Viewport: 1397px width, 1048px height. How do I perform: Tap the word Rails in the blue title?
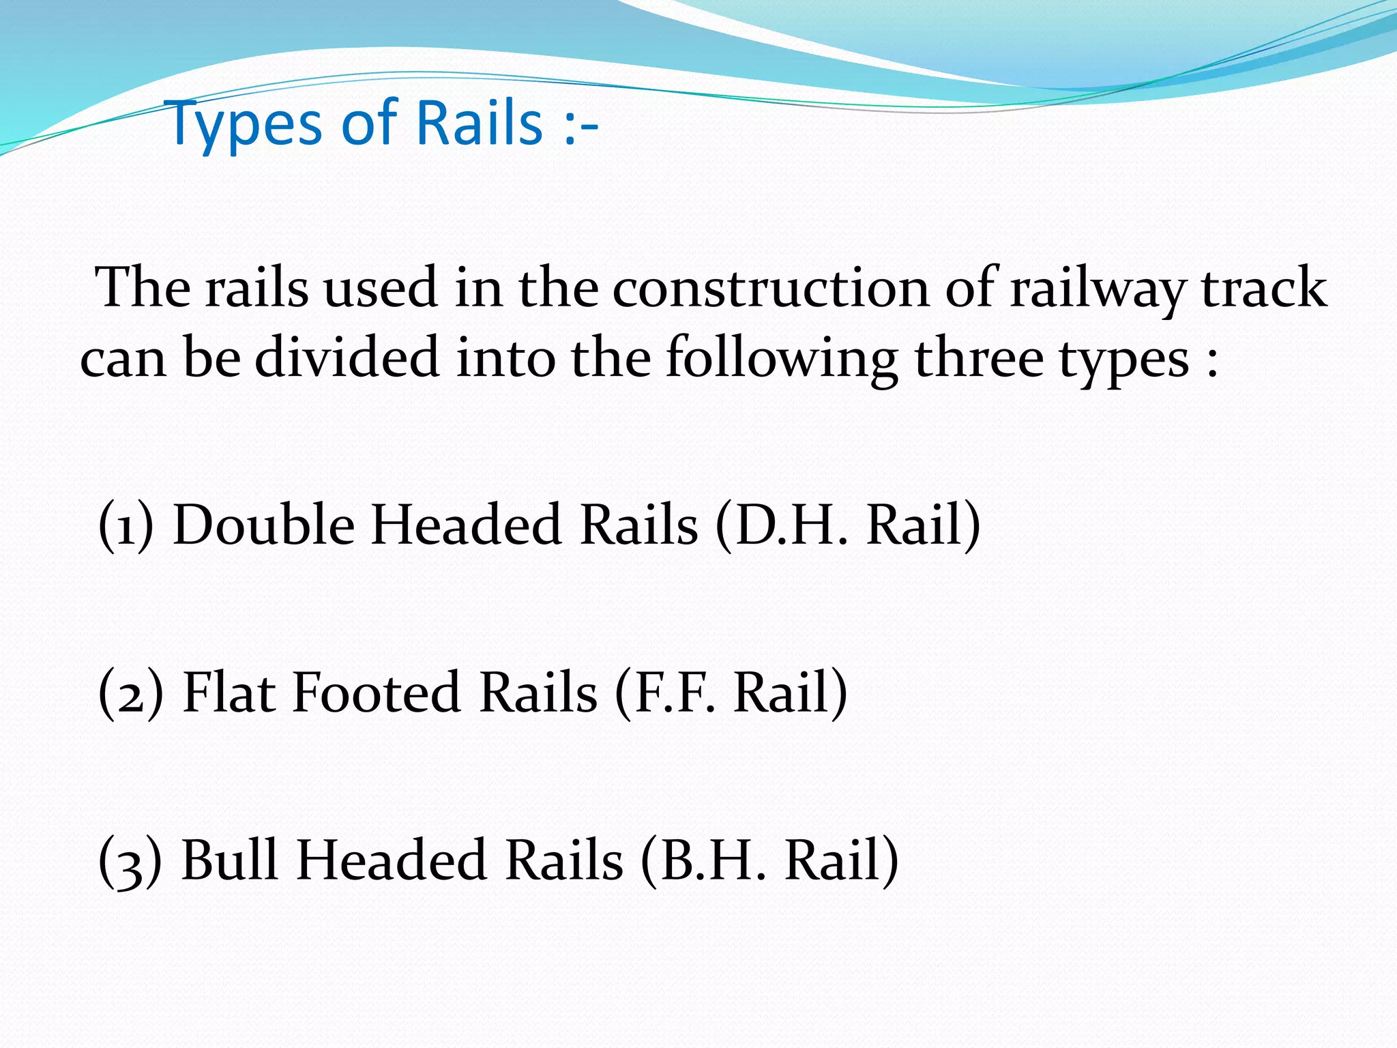478,123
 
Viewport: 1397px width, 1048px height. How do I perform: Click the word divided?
347,359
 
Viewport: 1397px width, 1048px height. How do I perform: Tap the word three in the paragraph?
978,359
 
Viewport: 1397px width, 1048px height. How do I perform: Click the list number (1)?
126,526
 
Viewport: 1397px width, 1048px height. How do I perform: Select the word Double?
263,526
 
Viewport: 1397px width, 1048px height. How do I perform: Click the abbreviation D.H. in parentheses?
784,526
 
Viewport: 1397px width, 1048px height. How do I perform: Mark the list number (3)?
130,862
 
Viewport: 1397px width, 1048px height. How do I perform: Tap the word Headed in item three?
392,860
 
